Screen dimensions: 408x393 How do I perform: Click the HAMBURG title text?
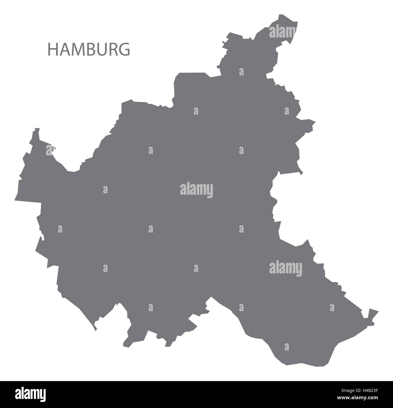(89, 50)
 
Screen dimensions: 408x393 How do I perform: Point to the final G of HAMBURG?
(125, 50)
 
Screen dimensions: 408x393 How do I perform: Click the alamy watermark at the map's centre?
(197, 190)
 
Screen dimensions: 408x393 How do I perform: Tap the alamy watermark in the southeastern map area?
(285, 268)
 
